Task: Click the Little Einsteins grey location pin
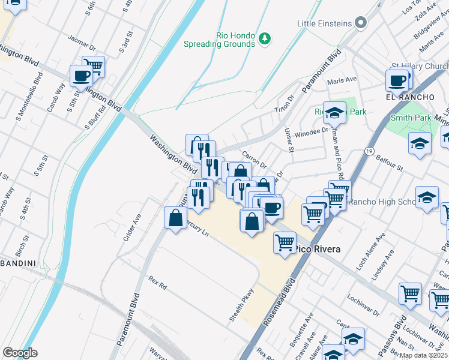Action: tap(361, 23)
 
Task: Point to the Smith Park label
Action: tap(411, 118)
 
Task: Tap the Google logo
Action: tap(20, 353)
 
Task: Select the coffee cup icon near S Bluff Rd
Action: tap(81, 76)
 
